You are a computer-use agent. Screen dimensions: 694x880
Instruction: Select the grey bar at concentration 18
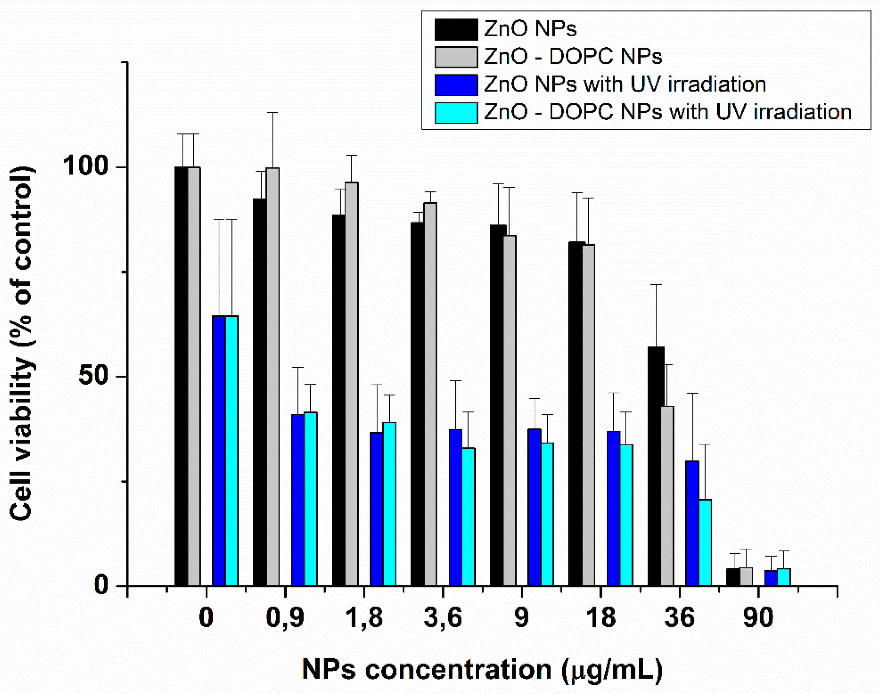coord(588,415)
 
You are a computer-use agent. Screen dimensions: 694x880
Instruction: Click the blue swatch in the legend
coord(456,84)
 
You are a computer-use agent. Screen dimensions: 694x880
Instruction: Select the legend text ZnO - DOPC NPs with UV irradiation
coord(667,112)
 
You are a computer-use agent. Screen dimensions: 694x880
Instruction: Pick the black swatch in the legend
coord(456,29)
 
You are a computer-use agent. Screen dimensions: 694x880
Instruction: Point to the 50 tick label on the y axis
coord(96,376)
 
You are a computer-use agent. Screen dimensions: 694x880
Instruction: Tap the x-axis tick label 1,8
coord(364,618)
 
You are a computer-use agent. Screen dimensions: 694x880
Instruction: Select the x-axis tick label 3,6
coord(443,618)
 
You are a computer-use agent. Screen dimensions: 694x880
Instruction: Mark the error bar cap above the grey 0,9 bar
coord(272,113)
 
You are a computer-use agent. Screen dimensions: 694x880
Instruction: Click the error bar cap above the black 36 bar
coord(656,285)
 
